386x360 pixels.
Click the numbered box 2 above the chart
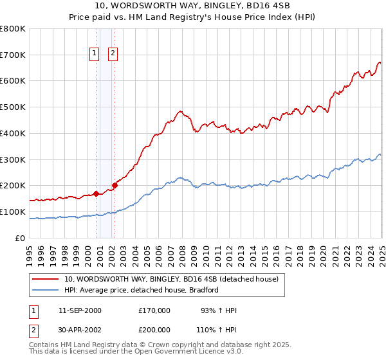(x=113, y=53)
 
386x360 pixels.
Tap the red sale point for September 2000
(x=96, y=193)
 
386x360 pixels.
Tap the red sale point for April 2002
(x=115, y=185)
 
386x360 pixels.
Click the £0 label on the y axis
(x=20, y=238)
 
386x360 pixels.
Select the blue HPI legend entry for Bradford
(x=142, y=291)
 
